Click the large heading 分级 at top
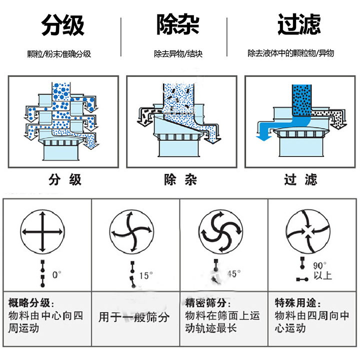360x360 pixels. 62,25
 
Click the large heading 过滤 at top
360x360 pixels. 298,24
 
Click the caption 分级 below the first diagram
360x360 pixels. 64,180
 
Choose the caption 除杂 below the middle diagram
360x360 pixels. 180,180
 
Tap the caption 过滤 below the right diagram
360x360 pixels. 300,180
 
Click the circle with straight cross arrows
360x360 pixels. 42,232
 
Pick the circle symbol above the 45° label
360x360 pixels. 220,232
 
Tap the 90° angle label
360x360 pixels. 319,265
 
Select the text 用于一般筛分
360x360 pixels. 134,317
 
